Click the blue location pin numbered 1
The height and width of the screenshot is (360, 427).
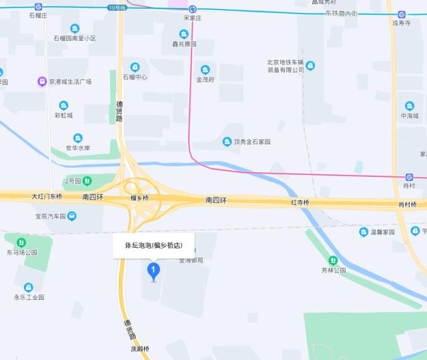coord(154,271)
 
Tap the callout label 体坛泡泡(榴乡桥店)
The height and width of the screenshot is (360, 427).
coord(153,245)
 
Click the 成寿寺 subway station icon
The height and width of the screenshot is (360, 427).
coord(402,14)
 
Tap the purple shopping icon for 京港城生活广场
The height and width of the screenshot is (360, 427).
coord(41,81)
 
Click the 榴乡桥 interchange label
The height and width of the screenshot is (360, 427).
coord(139,198)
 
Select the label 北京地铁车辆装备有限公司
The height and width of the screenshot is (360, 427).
coord(285,65)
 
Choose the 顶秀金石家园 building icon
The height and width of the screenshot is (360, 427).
coord(228,142)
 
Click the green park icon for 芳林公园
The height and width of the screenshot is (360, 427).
coord(332,260)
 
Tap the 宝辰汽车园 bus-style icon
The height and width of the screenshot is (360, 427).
coord(71,216)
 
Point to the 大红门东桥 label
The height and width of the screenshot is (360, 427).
coord(47,197)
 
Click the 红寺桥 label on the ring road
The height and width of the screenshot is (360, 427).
coord(300,202)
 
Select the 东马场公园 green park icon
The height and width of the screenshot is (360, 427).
coord(21,242)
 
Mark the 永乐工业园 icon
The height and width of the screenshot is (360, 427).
coord(29,287)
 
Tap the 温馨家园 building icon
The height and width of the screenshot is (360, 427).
coord(364,232)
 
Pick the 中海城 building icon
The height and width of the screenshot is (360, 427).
coord(409,106)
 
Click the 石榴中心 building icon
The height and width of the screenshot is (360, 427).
coord(135,67)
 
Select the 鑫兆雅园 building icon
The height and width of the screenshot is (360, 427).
coord(183,34)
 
